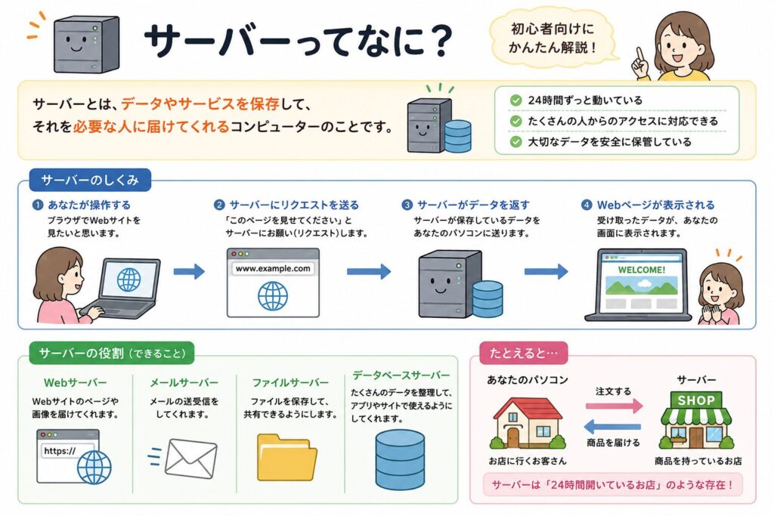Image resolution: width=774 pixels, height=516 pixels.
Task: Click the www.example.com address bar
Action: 273,269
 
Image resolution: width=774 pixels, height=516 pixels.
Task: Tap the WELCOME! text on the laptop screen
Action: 642,270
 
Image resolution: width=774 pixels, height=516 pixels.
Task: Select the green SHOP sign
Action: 696,400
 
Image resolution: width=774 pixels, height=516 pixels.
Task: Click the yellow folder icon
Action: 287,457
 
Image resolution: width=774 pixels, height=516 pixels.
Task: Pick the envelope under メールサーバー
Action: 190,459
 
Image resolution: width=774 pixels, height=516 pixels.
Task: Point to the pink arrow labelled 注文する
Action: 615,406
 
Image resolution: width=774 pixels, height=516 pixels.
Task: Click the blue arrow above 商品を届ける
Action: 612,426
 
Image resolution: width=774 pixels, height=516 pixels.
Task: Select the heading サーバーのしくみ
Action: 90,180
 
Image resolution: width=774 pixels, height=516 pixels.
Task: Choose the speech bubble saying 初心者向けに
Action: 553,38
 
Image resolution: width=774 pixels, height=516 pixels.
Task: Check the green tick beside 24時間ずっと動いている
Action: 515,100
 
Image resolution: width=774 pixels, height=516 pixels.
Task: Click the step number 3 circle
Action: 407,205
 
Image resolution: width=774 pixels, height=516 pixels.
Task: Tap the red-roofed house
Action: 528,423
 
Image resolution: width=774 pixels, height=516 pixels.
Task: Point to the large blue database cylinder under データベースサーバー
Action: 400,459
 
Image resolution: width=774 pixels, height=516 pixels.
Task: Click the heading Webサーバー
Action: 75,382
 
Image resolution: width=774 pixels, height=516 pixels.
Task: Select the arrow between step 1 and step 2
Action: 189,270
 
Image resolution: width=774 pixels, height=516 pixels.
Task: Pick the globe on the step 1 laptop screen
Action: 128,280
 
